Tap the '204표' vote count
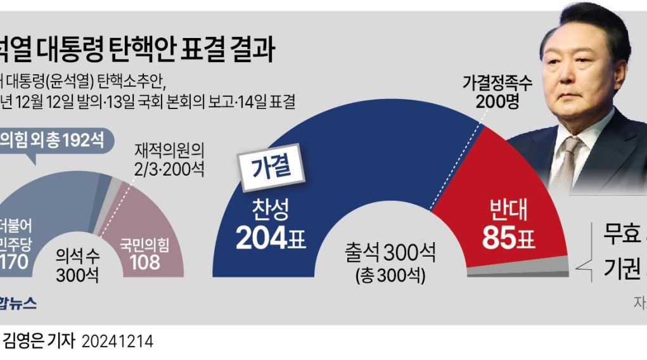pos(270,238)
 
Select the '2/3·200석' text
pos(169,169)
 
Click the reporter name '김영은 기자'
pos(39,342)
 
